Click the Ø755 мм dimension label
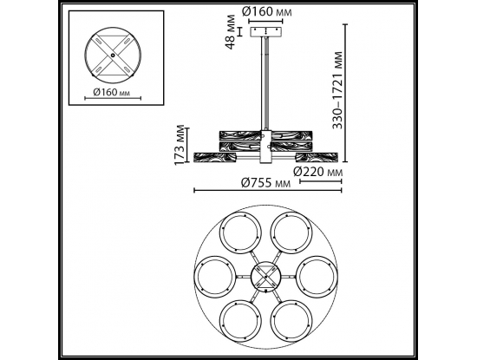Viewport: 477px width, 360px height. click(265, 183)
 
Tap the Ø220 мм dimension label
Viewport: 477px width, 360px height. click(318, 173)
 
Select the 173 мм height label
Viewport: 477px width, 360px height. click(180, 145)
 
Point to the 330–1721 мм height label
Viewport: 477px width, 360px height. click(337, 90)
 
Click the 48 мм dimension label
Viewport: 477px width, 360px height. click(232, 32)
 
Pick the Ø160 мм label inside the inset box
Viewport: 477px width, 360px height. click(111, 92)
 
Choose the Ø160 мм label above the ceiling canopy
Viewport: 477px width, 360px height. click(267, 11)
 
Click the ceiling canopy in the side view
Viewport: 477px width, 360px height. click(266, 32)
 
